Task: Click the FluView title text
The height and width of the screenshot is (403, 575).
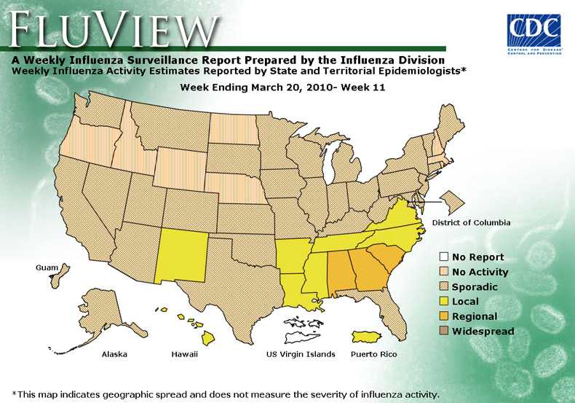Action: pos(113,30)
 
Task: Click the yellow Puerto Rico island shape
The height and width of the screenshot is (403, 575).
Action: pos(369,337)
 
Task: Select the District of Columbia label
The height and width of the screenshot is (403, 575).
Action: pos(471,222)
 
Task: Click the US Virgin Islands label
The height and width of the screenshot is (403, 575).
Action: pos(301,355)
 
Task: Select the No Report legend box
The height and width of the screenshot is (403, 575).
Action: pos(443,257)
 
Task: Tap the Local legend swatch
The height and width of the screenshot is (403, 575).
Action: pos(443,302)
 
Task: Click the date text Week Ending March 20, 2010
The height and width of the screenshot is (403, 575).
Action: pos(282,87)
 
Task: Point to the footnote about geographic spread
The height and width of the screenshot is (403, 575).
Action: pos(226,394)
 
